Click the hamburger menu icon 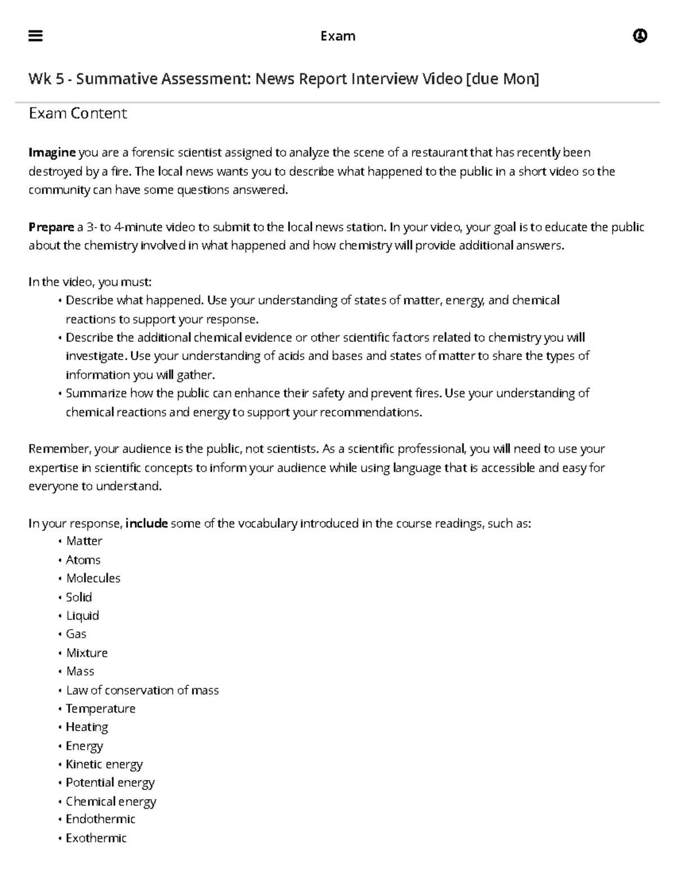click(35, 36)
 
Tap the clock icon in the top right click(640, 36)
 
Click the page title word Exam click(337, 36)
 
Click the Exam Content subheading click(78, 113)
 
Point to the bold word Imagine click(52, 153)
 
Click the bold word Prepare click(51, 227)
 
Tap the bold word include click(146, 523)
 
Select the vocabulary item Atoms click(83, 560)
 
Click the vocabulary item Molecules click(93, 579)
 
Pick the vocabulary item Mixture click(87, 653)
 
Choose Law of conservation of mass click(142, 690)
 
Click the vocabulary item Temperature click(101, 709)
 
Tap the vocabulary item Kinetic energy click(104, 764)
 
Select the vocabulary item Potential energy click(110, 783)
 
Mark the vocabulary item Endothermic click(101, 819)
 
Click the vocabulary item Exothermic click(96, 838)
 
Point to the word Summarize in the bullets click(96, 393)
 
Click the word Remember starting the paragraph click(59, 449)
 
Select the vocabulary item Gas click(76, 634)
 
